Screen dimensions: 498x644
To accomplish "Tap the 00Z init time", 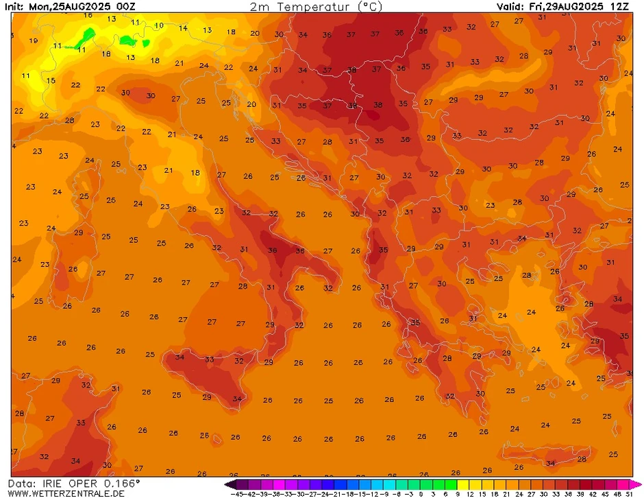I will [126, 7].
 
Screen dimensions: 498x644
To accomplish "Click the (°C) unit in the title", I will [370, 7].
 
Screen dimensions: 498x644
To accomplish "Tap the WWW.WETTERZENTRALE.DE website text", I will [62, 493].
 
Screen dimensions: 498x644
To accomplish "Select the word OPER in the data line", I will [87, 483].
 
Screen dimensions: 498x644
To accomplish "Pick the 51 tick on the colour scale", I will [629, 493].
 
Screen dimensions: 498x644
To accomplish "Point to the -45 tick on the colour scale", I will [238, 493].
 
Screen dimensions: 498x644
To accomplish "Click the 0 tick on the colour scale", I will [421, 493].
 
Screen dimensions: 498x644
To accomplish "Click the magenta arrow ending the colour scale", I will [639, 484].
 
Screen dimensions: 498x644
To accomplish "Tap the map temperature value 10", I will [159, 25].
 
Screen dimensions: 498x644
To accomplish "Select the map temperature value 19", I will [34, 40].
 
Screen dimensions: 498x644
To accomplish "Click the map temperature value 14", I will [183, 28].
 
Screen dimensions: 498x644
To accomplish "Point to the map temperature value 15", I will [51, 80].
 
